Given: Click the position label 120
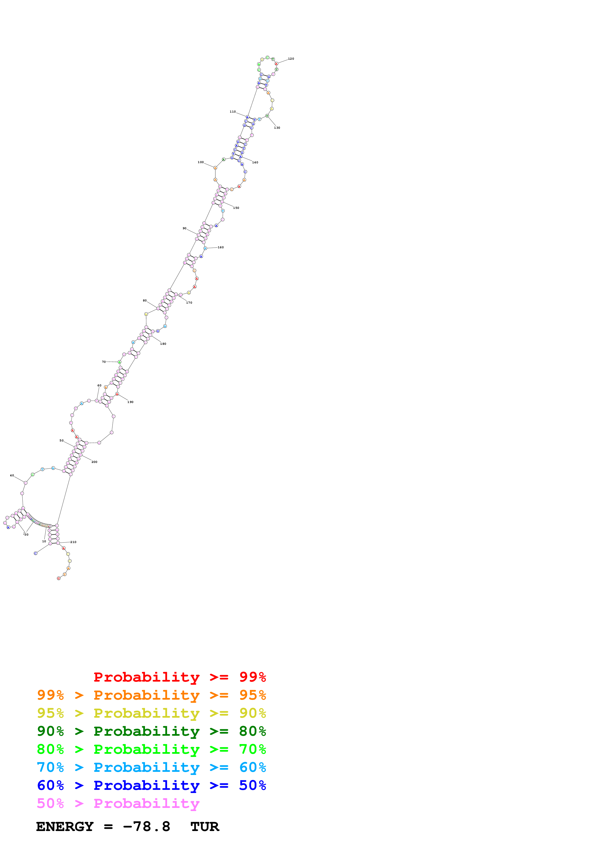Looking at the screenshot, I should tap(291, 59).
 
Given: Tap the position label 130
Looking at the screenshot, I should tap(277, 128).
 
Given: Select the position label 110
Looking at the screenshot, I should tap(232, 112).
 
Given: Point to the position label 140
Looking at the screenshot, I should tap(255, 162).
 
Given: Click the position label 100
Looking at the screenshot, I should tap(200, 162).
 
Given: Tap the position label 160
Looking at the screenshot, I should tap(220, 247).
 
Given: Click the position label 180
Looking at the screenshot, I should tap(163, 344).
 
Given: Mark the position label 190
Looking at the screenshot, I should tap(130, 402).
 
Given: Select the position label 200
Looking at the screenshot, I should tap(94, 462).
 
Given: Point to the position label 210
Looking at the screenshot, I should tap(73, 542).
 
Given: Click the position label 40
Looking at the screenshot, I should tap(12, 476).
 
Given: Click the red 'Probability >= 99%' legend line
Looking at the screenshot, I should tap(179, 677).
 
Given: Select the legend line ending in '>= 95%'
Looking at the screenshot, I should tap(151, 695).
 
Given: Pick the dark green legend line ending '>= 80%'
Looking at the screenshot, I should tap(151, 731).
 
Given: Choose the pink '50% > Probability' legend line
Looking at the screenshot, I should tap(118, 804).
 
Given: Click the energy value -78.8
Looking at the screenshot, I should tap(146, 827).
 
